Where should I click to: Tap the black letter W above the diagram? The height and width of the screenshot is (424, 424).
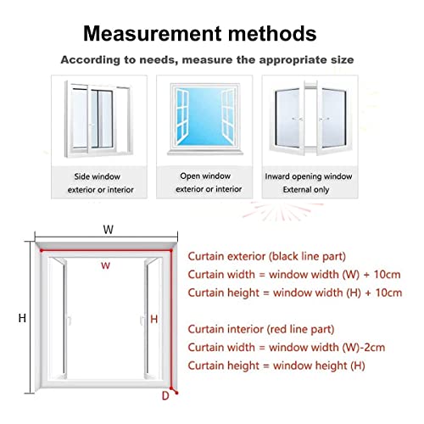click(108, 229)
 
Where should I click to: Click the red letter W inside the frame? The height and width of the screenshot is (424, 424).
click(105, 265)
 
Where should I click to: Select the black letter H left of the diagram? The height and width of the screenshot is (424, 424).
click(24, 318)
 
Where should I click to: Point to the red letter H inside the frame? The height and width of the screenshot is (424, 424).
click(153, 319)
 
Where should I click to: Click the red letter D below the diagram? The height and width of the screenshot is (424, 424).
click(165, 395)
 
